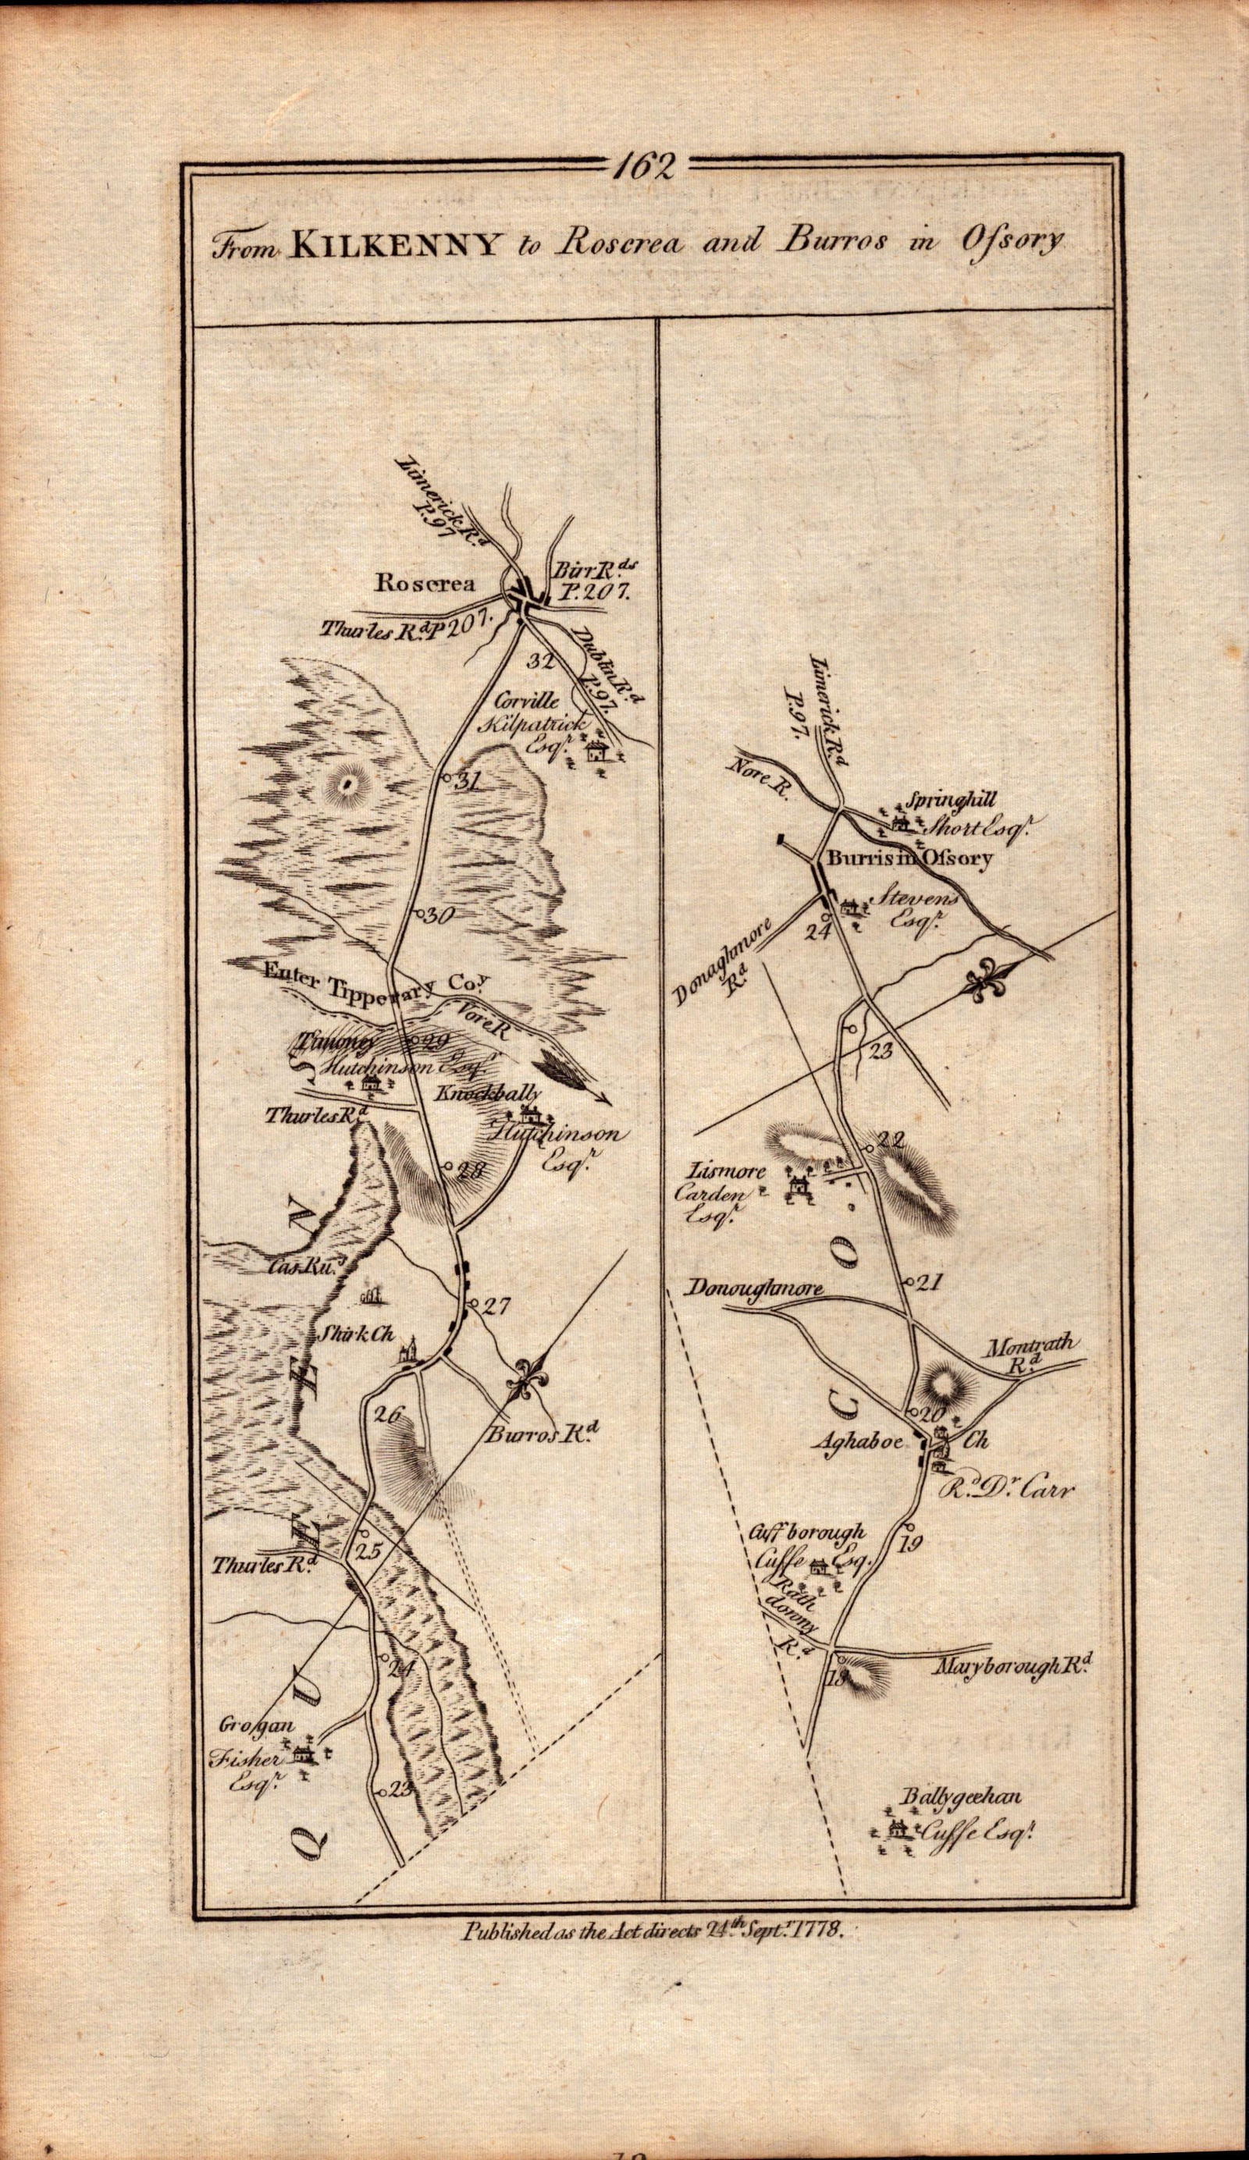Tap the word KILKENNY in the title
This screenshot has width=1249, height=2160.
(395, 245)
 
